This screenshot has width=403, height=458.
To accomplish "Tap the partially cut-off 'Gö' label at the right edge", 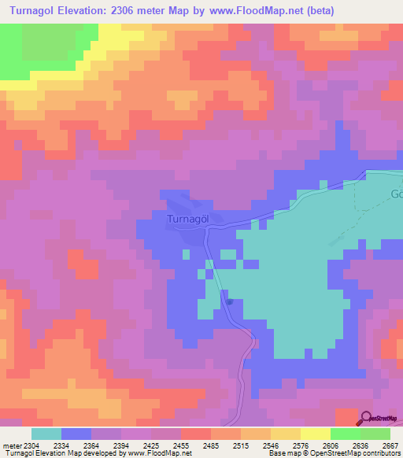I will (x=396, y=194).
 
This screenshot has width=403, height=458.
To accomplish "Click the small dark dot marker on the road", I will (x=229, y=301).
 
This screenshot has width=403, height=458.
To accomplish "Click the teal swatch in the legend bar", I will (x=46, y=434).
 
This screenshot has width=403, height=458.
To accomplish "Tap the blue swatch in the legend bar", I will (x=76, y=434).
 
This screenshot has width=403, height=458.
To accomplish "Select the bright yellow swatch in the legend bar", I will (x=315, y=434).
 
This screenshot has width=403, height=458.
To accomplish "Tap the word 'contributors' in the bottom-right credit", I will (x=381, y=453).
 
